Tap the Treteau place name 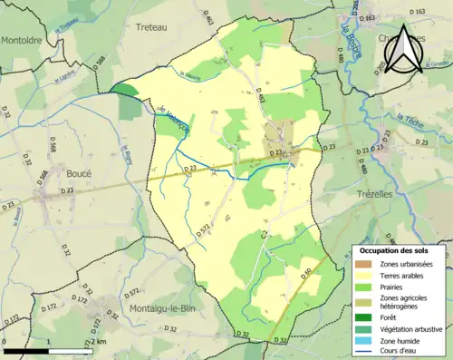coord(152,28)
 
